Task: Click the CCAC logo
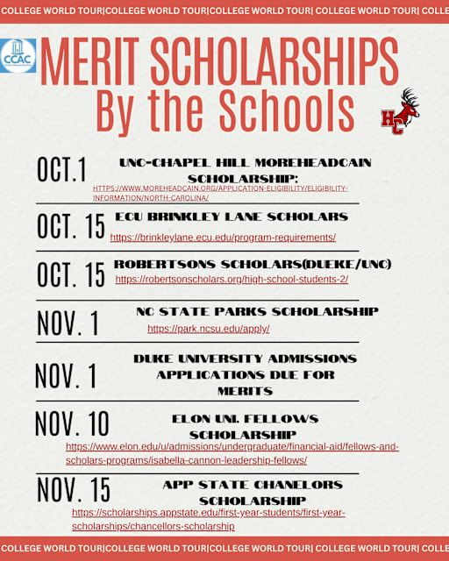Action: coord(18,55)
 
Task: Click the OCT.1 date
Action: coord(61,171)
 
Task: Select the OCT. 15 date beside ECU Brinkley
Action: coord(70,226)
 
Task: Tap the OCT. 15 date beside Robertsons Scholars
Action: coord(70,274)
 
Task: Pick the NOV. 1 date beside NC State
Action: coord(68,323)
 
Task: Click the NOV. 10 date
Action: coord(72,424)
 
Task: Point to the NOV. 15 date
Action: coord(74,489)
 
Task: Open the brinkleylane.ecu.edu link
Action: coord(223,238)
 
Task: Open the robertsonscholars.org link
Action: coord(232,280)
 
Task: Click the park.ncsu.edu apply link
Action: coord(208,329)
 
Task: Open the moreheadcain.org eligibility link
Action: coord(220,193)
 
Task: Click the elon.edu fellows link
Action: coord(232,453)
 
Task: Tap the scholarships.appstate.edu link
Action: coord(208,519)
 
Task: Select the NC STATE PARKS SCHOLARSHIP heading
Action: coord(257,311)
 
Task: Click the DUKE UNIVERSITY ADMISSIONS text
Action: coord(245,359)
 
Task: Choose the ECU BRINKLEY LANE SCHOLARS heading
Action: coord(232,217)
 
